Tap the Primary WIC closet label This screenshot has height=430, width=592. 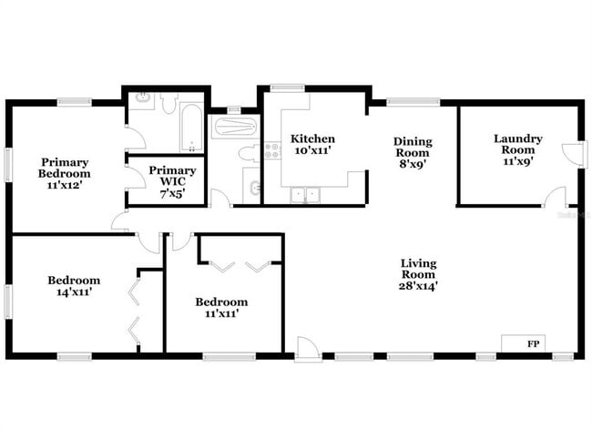171,181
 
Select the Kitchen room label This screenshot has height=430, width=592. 312,146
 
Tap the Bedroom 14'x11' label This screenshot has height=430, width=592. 74,286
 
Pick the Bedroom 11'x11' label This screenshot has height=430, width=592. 221,308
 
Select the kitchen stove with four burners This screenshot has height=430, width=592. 271,151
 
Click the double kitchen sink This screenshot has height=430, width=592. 306,194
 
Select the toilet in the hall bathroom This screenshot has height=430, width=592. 247,154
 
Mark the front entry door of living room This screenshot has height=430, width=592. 309,347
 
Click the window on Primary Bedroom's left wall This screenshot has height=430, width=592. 8,166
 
